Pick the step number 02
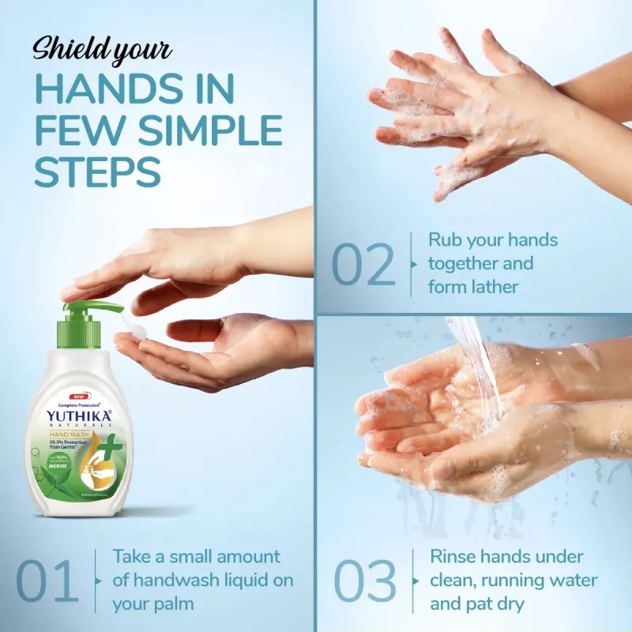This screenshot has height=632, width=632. [x=363, y=265]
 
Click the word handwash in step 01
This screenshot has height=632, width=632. [x=172, y=581]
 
